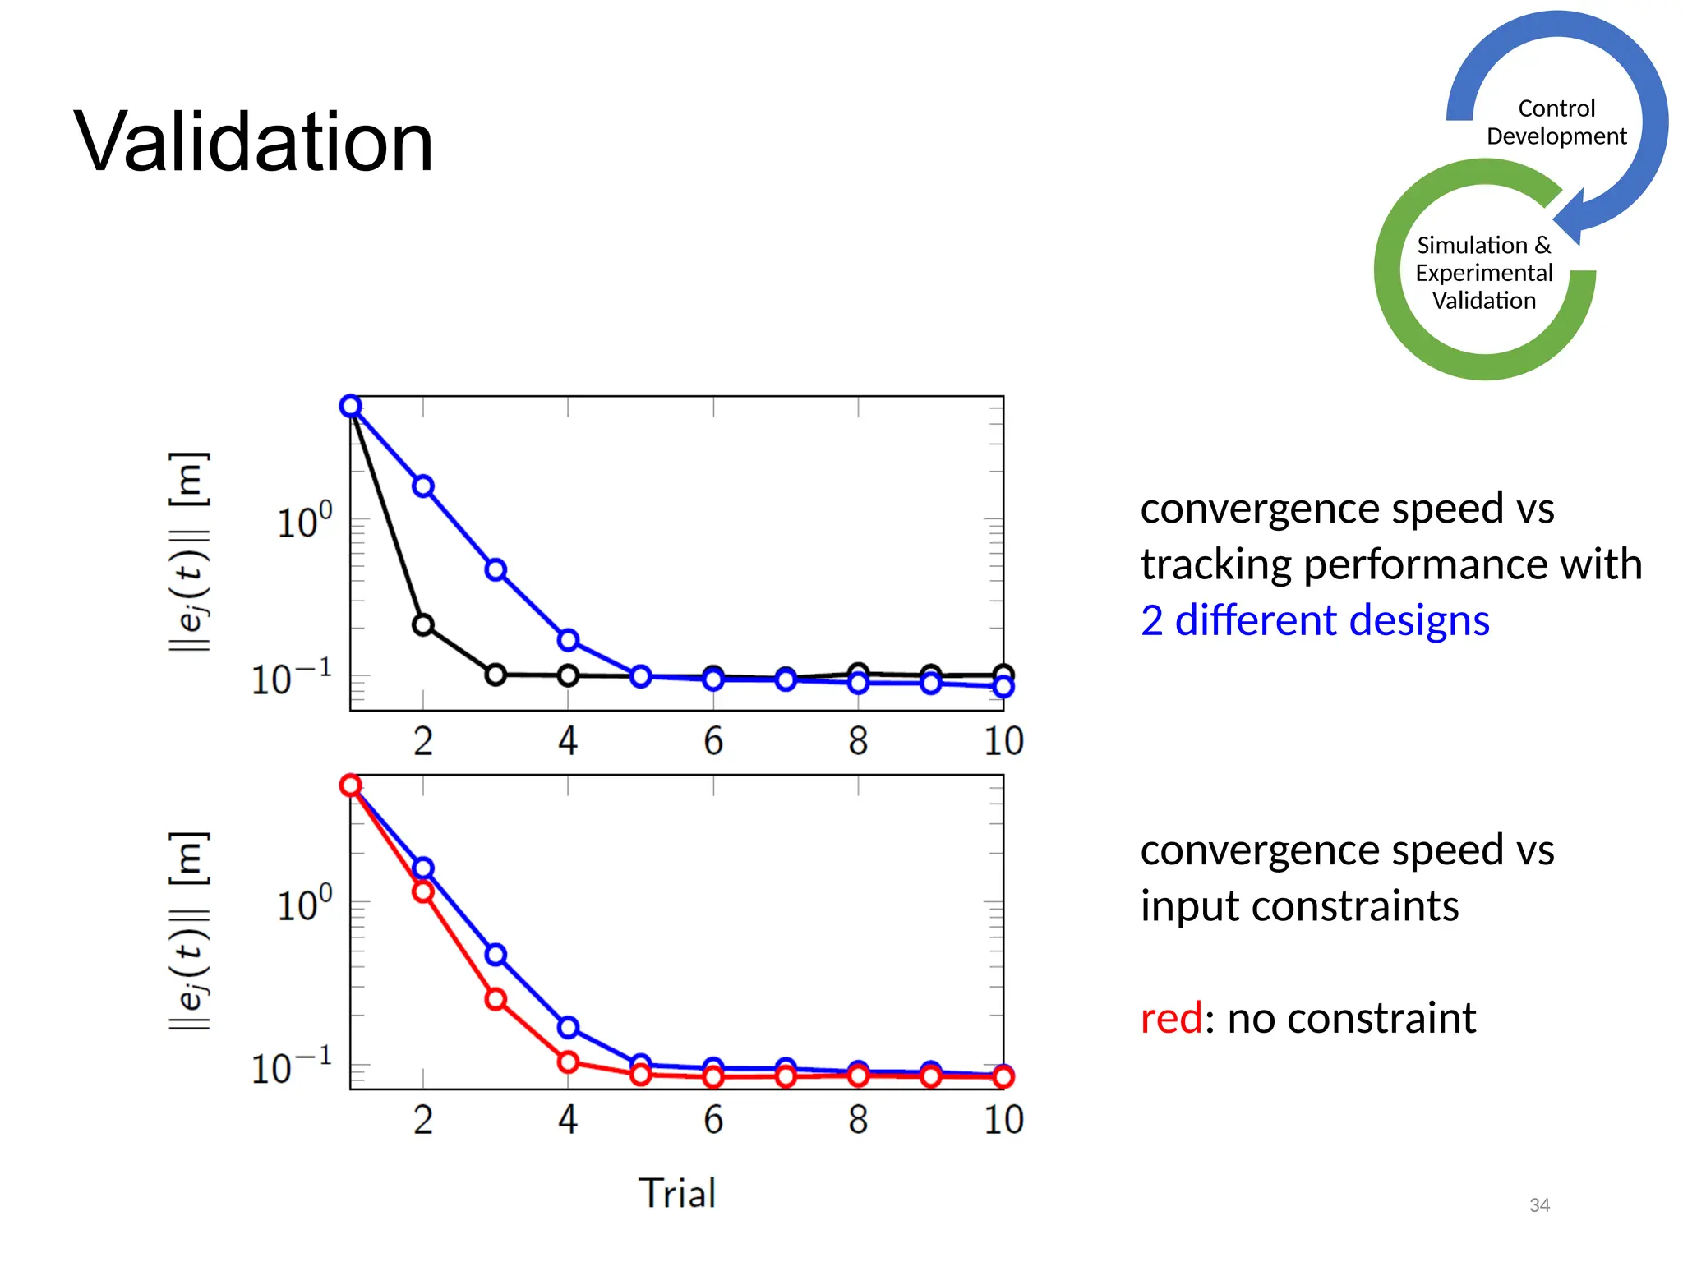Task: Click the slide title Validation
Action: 253,142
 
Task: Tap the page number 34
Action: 1539,1205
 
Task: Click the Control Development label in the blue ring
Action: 1556,122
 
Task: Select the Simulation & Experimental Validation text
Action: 1483,273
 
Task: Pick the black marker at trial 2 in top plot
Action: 423,625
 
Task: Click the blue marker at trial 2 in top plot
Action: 423,486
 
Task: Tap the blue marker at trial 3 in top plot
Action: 496,570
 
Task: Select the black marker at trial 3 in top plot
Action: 496,675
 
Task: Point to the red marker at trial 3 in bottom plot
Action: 496,999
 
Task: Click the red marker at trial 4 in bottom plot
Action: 568,1062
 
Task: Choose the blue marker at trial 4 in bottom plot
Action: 568,1027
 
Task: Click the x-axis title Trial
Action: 677,1193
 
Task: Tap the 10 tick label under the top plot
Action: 1003,741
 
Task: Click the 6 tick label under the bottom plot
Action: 712,1120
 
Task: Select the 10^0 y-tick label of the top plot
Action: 304,522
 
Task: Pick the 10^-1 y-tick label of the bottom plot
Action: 292,1067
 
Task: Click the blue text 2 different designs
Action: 1315,620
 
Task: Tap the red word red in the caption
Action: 1171,1019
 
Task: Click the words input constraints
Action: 1299,906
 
